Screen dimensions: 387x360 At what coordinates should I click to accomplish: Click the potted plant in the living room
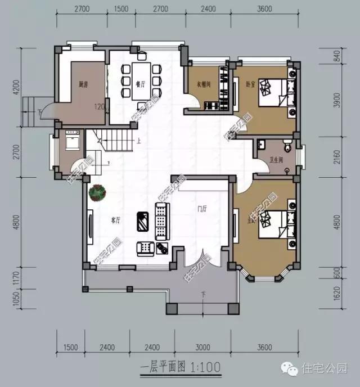point(98,193)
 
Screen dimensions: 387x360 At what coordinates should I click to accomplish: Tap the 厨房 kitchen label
point(83,85)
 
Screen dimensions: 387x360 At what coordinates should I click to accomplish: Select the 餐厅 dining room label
point(125,82)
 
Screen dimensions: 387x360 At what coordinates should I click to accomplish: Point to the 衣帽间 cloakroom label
point(203,85)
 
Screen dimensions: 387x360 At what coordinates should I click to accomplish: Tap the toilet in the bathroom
point(288,148)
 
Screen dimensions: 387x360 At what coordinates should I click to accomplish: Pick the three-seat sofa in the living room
point(161,221)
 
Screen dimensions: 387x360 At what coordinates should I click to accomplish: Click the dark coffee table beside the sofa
point(142,221)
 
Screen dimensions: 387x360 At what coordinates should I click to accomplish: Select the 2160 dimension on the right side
point(337,158)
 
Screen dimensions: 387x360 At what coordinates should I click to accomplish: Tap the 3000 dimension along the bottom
point(203,346)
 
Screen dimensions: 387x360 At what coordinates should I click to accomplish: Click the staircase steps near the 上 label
point(118,140)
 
